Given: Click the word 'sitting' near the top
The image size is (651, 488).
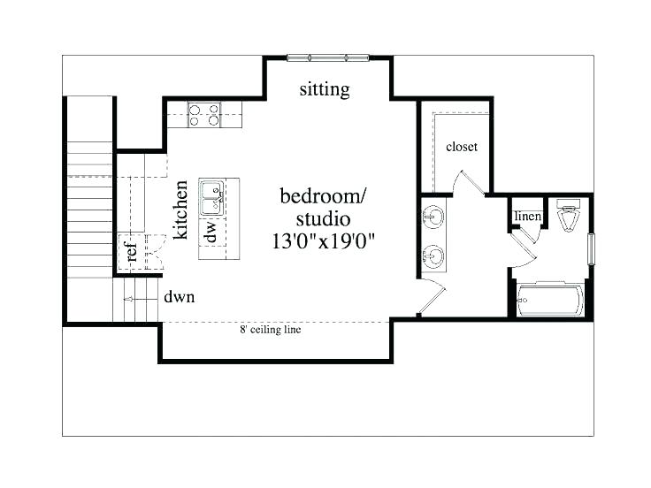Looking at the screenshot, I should (324, 89).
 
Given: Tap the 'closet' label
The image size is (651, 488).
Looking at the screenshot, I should (462, 147).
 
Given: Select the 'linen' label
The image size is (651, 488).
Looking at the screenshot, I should (527, 217).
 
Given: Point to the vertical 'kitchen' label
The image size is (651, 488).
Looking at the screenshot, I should (181, 210).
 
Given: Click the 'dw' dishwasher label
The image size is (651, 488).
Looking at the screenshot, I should (211, 233).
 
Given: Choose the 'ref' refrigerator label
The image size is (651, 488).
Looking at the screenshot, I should (132, 252).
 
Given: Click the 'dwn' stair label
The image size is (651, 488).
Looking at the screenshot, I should (179, 298).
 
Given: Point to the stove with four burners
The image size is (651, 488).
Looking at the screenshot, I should (205, 115).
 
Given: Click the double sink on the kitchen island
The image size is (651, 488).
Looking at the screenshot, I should (211, 198).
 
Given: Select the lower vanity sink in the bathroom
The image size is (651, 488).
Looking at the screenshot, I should (434, 257).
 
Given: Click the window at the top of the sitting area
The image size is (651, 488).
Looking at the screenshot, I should (327, 57).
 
